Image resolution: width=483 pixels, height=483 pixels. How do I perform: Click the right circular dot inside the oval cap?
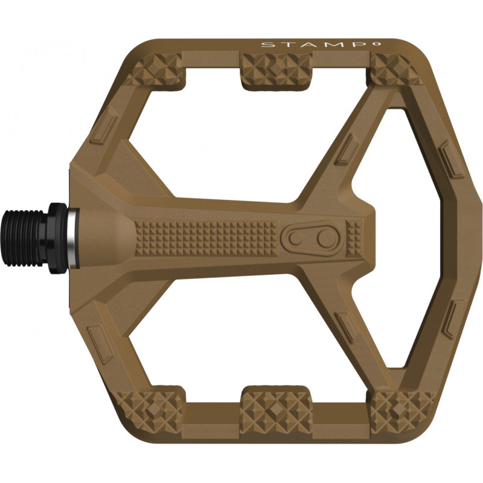pos(325,238)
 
